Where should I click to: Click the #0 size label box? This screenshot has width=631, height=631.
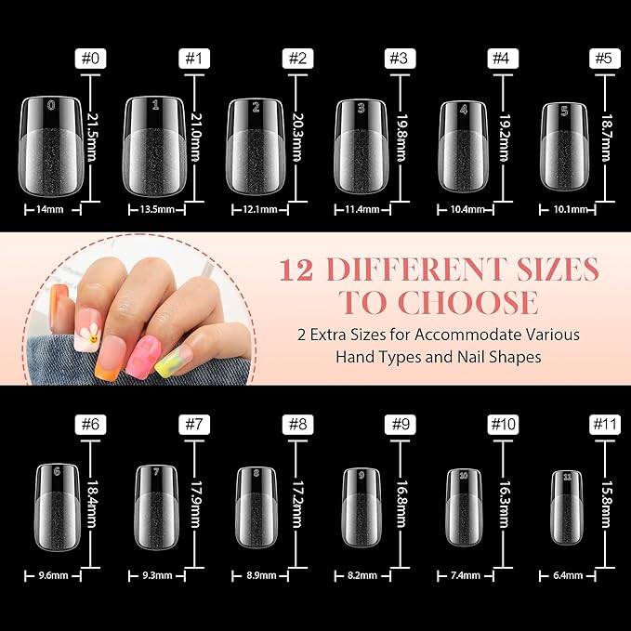click(88, 59)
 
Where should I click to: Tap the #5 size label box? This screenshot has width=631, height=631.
click(607, 59)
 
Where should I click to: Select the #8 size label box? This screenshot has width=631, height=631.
click(296, 424)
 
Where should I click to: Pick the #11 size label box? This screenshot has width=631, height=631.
click(607, 424)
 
